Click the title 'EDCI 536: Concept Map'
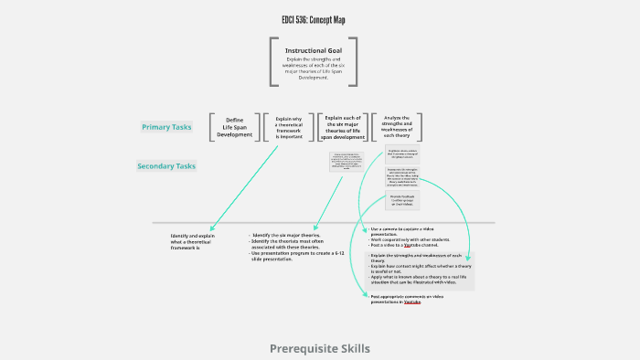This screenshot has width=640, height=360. (x=314, y=20)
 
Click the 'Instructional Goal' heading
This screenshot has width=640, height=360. (x=313, y=51)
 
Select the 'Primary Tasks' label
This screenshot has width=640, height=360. (x=166, y=127)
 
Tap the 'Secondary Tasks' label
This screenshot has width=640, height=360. (x=166, y=166)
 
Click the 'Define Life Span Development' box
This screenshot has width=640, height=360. (x=235, y=128)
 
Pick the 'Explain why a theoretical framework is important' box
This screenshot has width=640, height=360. (x=289, y=127)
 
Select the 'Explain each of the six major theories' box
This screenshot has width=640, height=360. (x=344, y=127)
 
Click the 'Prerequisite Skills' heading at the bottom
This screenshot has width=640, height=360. (x=320, y=348)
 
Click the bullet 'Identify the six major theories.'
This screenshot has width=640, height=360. (x=283, y=235)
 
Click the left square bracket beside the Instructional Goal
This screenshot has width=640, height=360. (x=272, y=62)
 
